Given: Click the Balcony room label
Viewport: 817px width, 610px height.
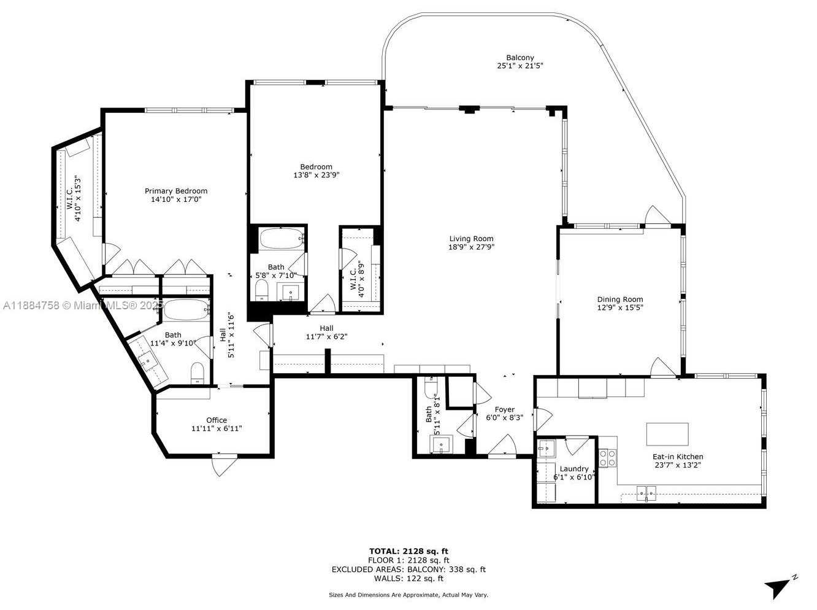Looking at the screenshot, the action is coord(520,58).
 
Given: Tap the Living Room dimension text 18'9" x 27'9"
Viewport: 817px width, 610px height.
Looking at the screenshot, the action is coord(471,247).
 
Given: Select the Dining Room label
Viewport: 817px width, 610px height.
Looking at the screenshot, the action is coord(620,299).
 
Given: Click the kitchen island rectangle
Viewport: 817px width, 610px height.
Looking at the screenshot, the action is coord(667,434).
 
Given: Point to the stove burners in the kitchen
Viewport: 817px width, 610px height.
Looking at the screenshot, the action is coord(607,458).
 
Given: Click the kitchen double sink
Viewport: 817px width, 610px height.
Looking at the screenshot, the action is coord(646,493).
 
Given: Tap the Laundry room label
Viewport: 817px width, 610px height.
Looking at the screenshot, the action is coord(573,469).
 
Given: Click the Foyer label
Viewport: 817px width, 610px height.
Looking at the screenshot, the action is coord(505,410).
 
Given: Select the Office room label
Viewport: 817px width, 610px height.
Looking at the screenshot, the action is coord(217,420).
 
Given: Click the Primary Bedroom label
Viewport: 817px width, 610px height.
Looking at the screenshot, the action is coord(176,191).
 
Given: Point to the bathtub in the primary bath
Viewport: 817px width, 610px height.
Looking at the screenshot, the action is coord(186,309).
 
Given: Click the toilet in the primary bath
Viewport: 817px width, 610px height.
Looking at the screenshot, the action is coord(198,373).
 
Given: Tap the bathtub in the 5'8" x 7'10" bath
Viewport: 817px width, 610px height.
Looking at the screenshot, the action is coord(282,238).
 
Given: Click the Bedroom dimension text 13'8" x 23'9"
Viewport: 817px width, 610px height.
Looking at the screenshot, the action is coord(316,175).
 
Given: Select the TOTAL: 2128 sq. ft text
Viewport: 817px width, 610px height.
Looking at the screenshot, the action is coord(408,551).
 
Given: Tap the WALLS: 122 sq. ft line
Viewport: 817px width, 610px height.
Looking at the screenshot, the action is coord(408,578).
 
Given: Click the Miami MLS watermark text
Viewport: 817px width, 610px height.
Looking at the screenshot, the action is coord(83,306).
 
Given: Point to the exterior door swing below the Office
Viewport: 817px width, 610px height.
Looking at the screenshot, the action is coord(224,465).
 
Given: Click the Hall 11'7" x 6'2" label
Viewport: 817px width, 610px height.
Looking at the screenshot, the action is coord(326,333).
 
